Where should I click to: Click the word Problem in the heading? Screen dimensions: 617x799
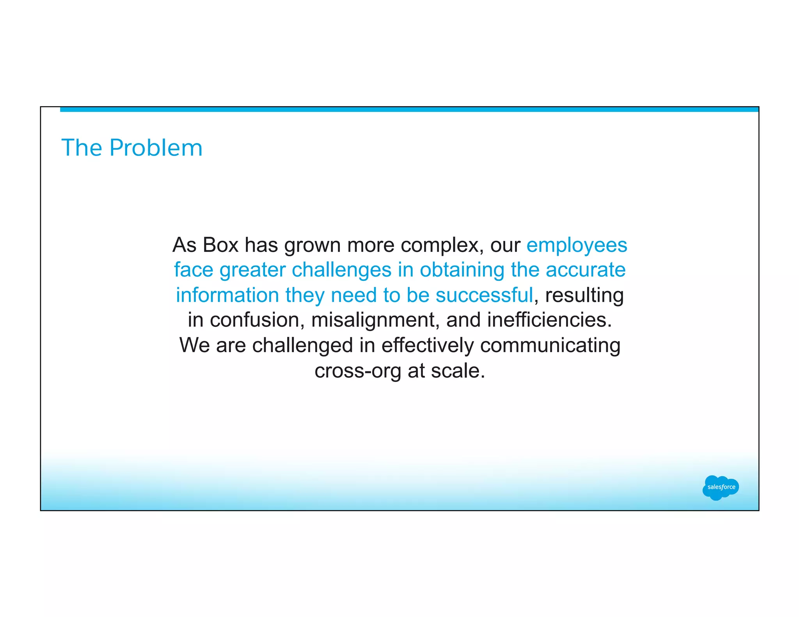pyautogui.click(x=156, y=148)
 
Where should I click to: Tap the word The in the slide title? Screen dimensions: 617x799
pyautogui.click(x=81, y=148)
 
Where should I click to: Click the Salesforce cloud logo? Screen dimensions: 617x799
pyautogui.click(x=721, y=487)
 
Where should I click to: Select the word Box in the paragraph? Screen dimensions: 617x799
pyautogui.click(x=220, y=245)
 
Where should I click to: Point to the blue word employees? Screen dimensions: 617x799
pyautogui.click(x=577, y=246)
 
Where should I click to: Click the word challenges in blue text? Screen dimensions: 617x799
pyautogui.click(x=341, y=270)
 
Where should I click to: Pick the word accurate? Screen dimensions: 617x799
pyautogui.click(x=586, y=270)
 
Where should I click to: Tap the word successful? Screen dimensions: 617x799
pyautogui.click(x=484, y=295)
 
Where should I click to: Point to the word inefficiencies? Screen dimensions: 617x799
pyautogui.click(x=549, y=320)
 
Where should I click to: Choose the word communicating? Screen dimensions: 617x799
pyautogui.click(x=550, y=346)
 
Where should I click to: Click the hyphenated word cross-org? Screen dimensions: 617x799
pyautogui.click(x=358, y=371)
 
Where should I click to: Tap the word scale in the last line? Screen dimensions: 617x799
pyautogui.click(x=458, y=371)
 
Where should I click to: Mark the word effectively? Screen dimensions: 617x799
pyautogui.click(x=427, y=346)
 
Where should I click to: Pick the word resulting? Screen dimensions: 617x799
pyautogui.click(x=584, y=296)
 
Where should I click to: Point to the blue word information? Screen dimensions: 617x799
pyautogui.click(x=227, y=295)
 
